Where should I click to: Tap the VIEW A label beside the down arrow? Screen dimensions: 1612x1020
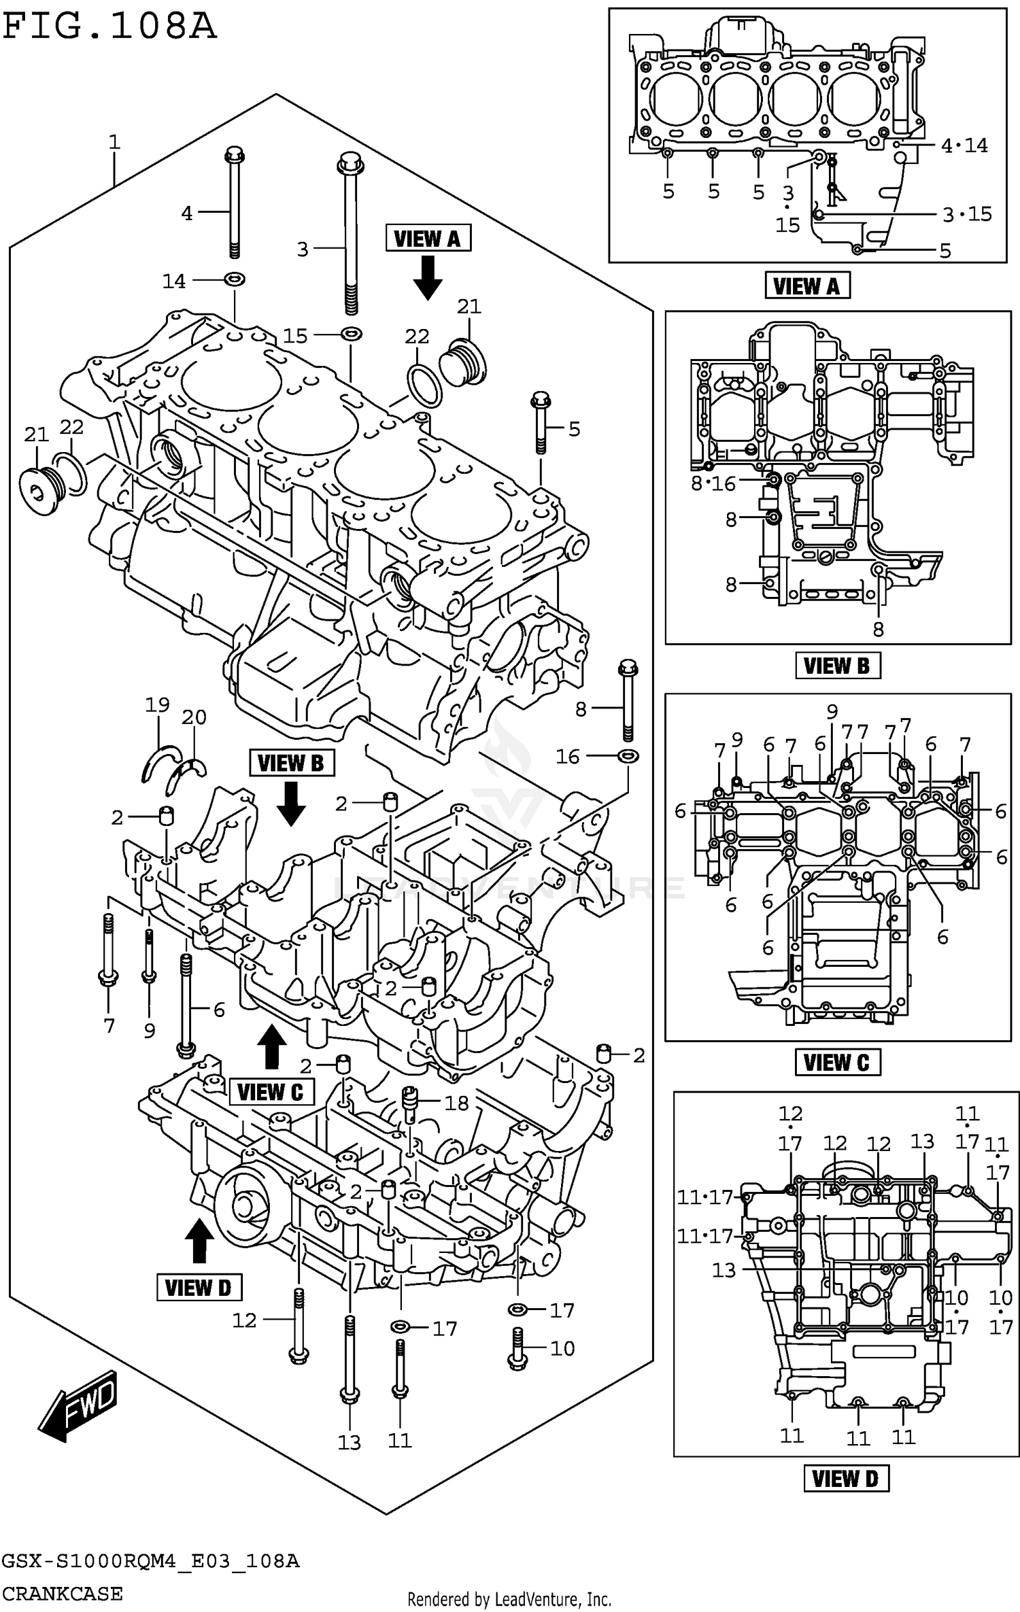(x=428, y=239)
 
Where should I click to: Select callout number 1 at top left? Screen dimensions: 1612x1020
(x=114, y=142)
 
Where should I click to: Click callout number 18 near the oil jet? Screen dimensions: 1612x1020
(x=457, y=1103)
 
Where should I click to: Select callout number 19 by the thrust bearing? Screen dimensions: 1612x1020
(x=157, y=704)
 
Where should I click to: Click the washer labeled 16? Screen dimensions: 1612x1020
(x=628, y=755)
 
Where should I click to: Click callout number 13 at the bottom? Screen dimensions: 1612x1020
(x=349, y=1442)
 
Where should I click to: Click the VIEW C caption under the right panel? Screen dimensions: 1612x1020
(x=838, y=1063)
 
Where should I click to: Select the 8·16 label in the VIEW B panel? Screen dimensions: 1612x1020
(x=713, y=483)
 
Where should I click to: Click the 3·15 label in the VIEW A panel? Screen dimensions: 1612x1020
(x=967, y=214)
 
